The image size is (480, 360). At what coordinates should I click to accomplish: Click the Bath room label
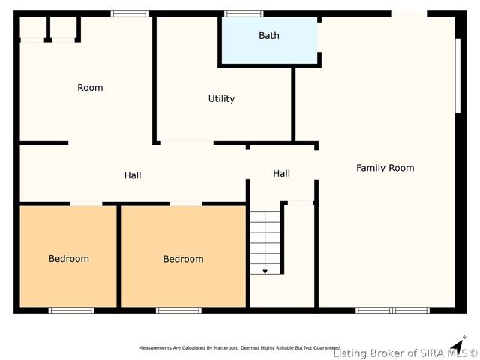[269, 36]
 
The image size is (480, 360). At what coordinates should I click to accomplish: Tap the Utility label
[221, 99]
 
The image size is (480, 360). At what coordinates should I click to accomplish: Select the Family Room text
[385, 168]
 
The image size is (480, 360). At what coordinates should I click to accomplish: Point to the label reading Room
[90, 88]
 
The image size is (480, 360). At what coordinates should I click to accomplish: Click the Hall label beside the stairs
[281, 174]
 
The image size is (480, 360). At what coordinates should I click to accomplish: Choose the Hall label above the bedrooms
[133, 175]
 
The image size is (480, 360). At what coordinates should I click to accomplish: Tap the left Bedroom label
[69, 259]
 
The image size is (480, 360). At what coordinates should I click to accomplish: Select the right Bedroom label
[183, 259]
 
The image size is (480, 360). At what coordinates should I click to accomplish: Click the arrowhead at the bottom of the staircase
[265, 271]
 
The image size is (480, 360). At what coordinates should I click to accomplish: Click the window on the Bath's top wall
[244, 13]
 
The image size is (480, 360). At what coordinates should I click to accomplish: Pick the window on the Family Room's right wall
[457, 75]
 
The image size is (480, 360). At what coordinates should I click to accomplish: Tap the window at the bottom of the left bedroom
[71, 310]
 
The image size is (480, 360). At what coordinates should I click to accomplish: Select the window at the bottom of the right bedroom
[178, 310]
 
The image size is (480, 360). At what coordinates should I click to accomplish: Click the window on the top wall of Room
[130, 13]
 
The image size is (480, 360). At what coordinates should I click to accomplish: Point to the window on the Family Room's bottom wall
[392, 310]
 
